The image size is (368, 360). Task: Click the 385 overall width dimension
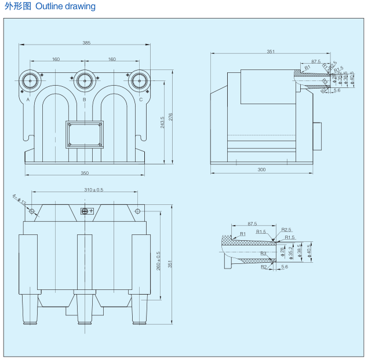coord(86,43)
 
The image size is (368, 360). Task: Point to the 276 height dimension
coord(170,117)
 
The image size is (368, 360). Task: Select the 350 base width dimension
coord(85,172)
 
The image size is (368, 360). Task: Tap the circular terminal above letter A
coord(30,80)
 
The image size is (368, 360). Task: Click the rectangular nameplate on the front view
coord(85,134)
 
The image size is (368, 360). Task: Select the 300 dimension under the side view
coord(261,170)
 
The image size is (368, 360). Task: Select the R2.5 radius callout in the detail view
coord(285,230)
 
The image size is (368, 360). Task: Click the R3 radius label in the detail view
coord(263,254)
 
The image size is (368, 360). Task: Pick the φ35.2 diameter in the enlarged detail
coord(292,252)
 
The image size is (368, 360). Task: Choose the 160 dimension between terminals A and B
coord(56,59)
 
